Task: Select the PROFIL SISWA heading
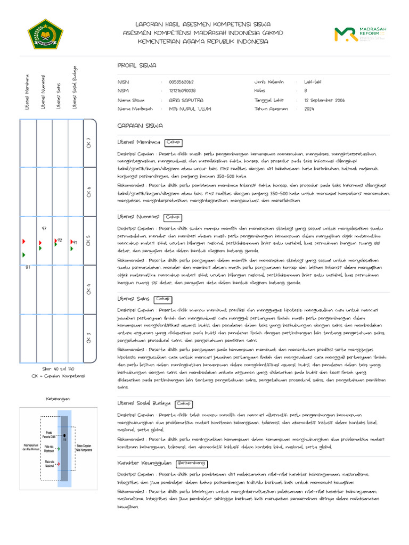tap(137, 65)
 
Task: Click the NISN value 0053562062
tap(181, 82)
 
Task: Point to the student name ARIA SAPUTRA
tap(185, 100)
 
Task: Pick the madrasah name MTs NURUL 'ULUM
tap(190, 109)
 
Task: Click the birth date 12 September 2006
tap(324, 100)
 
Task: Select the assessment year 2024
tap(309, 109)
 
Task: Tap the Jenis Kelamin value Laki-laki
tap(313, 82)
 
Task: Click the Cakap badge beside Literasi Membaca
tap(173, 142)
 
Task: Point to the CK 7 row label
tap(89, 143)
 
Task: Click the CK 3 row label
tap(89, 337)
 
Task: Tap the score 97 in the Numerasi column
tap(44, 228)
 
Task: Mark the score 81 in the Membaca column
tap(28, 267)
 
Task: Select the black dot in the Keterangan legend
tap(64, 436)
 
